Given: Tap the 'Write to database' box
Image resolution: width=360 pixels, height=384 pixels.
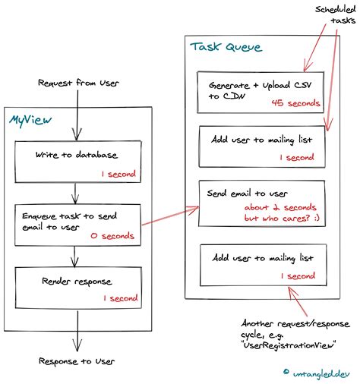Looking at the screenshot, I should (x=75, y=162).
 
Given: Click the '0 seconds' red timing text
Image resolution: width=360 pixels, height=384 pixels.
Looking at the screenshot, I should (x=112, y=236).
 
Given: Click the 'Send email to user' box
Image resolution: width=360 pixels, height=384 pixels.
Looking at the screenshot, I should (x=261, y=202).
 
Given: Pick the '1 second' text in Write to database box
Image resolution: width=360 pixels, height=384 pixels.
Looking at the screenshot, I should (x=118, y=174).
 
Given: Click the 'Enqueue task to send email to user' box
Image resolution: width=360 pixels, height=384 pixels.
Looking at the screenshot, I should (x=75, y=224).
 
